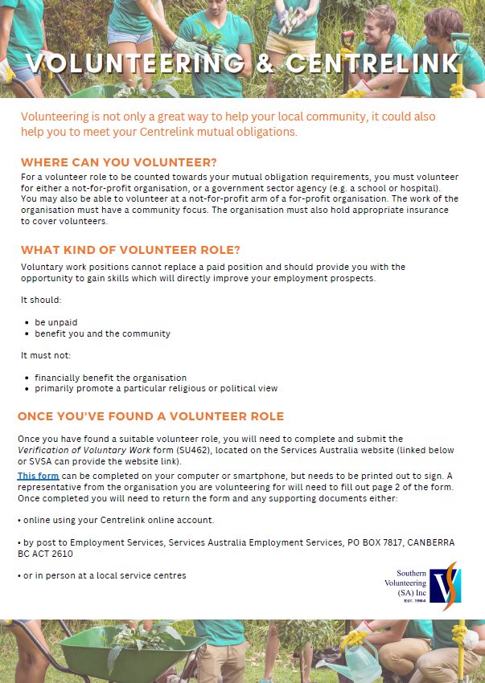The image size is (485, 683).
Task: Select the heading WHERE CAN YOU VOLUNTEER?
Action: [119, 162]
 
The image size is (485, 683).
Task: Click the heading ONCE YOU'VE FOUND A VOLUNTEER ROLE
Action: [150, 416]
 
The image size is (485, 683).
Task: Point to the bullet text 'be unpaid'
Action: [55, 321]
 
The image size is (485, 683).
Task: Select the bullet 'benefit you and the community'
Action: [102, 333]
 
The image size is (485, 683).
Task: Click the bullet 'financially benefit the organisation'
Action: [110, 377]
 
